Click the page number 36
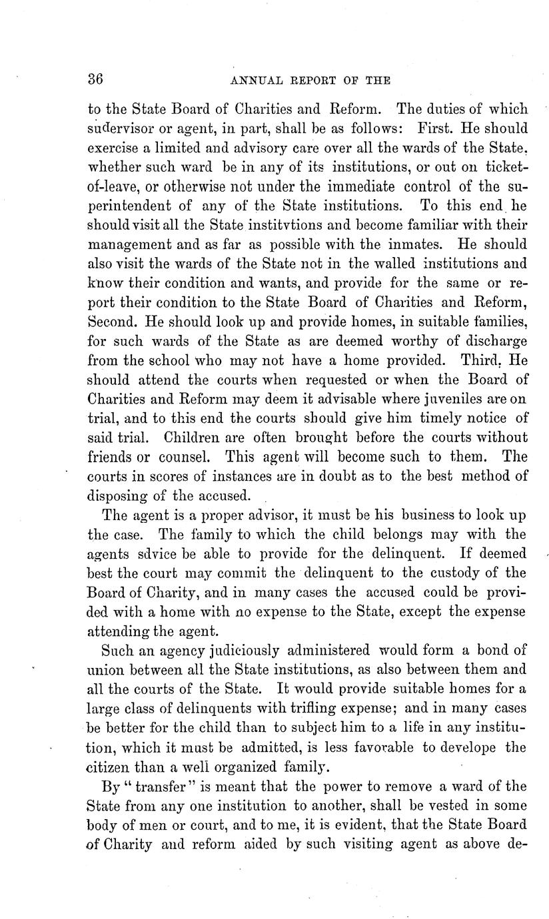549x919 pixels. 94,79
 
